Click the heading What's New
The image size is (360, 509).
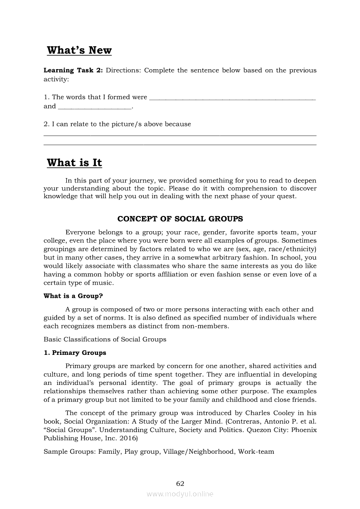79,51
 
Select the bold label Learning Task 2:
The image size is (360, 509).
73,70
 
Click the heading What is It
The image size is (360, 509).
74,163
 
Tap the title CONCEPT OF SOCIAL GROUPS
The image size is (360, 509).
180,219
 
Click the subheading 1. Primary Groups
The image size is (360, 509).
75,353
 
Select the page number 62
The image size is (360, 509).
180,484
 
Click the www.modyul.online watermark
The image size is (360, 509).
180,494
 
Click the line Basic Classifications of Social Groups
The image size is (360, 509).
105,339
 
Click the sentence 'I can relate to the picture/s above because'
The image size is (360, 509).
117,124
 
